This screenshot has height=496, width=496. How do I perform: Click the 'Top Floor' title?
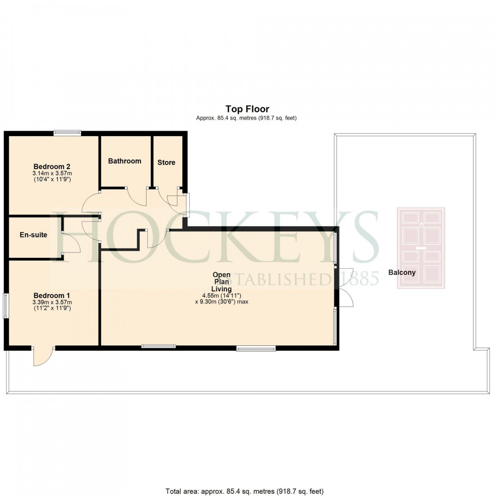[x=247, y=109]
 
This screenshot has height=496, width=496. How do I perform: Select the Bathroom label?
[x=124, y=161]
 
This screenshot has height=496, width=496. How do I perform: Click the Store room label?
[x=166, y=162]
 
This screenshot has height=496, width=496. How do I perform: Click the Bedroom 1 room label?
[x=51, y=295]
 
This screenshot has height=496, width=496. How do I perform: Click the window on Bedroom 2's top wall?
[x=67, y=133]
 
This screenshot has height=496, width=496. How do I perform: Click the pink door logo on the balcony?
[x=420, y=248]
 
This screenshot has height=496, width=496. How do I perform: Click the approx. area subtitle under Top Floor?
[x=246, y=118]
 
